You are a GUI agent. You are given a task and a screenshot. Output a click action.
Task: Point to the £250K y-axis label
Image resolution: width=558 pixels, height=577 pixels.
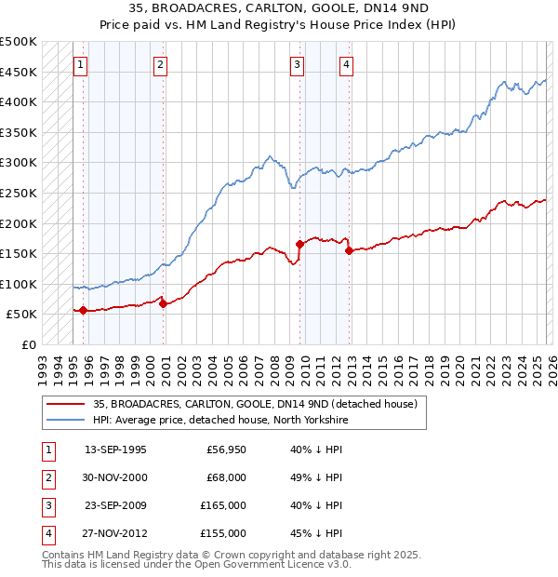(x=19, y=193)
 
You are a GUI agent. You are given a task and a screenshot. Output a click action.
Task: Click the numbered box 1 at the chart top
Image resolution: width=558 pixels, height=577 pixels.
(x=82, y=65)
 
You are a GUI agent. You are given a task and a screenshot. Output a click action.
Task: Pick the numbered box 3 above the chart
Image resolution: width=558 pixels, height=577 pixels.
(x=297, y=65)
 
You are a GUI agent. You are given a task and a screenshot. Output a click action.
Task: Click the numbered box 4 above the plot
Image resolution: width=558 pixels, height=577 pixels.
(x=346, y=65)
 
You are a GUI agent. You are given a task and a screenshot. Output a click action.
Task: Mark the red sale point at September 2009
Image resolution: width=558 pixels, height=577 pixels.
(x=299, y=244)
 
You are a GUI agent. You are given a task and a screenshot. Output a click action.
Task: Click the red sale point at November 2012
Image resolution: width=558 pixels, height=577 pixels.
(x=348, y=250)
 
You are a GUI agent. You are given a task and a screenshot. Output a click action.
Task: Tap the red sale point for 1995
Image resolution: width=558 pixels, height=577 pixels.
(x=83, y=310)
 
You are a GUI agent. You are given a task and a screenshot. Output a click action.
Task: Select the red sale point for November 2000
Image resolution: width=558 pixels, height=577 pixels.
(x=163, y=303)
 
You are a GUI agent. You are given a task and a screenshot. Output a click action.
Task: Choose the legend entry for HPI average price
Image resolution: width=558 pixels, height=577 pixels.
(x=219, y=420)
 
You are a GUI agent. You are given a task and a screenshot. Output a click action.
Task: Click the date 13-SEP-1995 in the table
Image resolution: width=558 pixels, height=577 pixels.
(x=115, y=450)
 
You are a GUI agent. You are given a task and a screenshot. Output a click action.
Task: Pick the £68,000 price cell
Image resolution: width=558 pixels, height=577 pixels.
(x=225, y=477)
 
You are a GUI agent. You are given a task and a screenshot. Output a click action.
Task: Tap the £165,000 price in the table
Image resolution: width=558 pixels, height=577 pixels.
(x=223, y=505)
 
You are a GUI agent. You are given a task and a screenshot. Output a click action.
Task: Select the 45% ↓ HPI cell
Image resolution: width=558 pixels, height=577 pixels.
(x=316, y=533)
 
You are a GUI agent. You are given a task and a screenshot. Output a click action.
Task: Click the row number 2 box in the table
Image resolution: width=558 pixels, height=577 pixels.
(x=46, y=477)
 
